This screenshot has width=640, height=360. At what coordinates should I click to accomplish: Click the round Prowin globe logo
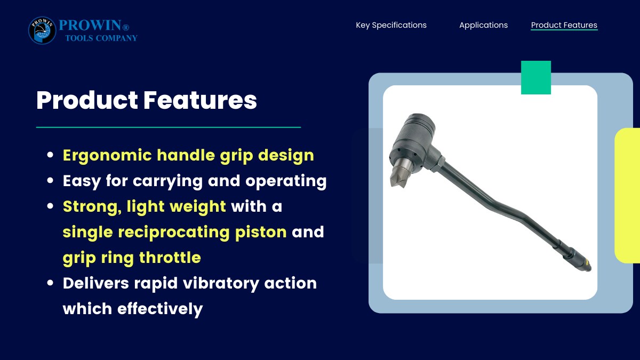[x=42, y=30]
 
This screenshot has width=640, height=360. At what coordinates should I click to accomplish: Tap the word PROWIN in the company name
[x=90, y=25]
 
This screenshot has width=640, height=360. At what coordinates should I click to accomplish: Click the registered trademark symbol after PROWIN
[x=126, y=27]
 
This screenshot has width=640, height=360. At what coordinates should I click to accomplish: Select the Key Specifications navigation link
[x=391, y=25]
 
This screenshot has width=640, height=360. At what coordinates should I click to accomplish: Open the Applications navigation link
[x=483, y=25]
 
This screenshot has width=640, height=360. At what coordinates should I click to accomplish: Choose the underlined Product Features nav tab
[x=564, y=25]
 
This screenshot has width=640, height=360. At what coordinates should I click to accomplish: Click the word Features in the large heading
[x=200, y=100]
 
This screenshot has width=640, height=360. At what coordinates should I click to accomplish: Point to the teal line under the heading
[x=169, y=127]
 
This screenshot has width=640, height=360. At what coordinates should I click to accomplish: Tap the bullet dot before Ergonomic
[x=50, y=155]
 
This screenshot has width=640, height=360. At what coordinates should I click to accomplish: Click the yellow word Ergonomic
[x=107, y=156]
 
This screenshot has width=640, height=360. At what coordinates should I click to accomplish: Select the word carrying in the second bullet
[x=168, y=181]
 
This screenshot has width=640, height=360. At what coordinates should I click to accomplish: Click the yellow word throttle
[x=170, y=258]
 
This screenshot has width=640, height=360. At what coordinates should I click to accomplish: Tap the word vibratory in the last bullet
[x=221, y=283]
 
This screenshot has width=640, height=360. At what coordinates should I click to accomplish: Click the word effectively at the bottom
[x=160, y=309]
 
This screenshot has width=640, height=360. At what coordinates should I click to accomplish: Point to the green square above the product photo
[x=536, y=77]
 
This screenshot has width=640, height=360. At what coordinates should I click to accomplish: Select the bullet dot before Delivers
[x=50, y=283]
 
